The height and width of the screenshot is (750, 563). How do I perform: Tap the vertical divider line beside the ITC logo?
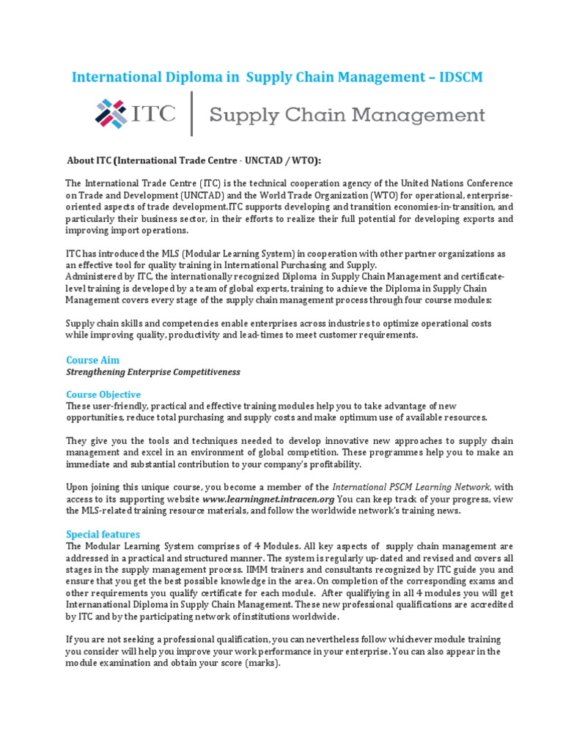(x=192, y=114)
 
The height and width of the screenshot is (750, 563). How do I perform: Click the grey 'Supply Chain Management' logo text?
(x=347, y=115)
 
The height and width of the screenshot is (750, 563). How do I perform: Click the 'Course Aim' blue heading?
(x=92, y=360)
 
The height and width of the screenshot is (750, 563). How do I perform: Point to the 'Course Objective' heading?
(x=103, y=394)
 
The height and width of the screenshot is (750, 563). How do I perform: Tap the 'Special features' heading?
(x=103, y=534)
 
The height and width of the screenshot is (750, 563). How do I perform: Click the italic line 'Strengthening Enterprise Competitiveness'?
(x=153, y=372)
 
